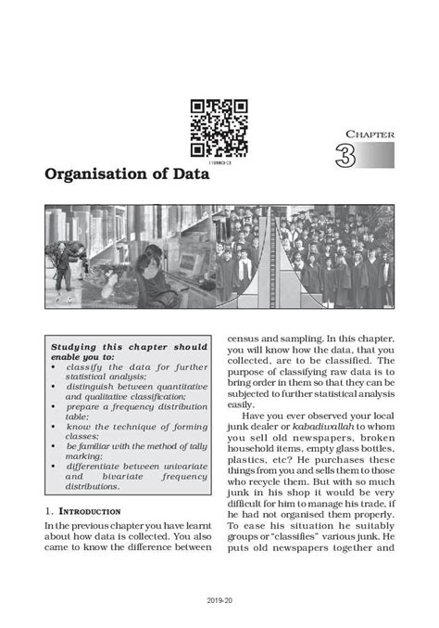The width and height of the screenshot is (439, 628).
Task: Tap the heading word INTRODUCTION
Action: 87,511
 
